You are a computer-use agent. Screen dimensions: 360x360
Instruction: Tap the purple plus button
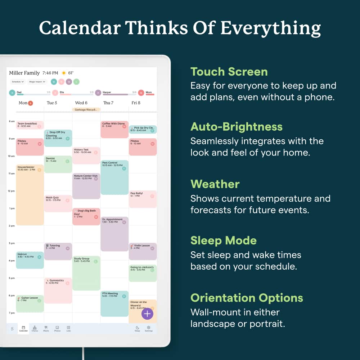click(147, 314)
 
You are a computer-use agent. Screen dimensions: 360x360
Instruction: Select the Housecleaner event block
click(30, 194)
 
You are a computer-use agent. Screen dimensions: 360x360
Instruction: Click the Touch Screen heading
click(229, 72)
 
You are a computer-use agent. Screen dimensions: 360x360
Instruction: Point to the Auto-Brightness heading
click(237, 127)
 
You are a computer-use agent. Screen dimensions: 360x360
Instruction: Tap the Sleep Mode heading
click(224, 240)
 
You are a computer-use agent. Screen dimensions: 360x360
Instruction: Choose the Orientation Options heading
click(247, 298)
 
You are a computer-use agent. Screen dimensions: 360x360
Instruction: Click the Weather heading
click(215, 184)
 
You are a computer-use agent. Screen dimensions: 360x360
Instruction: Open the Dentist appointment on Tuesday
click(58, 164)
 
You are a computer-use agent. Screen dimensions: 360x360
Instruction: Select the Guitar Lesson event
click(30, 303)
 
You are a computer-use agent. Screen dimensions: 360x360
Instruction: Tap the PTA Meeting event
click(114, 303)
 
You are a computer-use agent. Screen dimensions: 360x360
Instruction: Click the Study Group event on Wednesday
click(86, 273)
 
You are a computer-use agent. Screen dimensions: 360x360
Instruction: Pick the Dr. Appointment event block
click(114, 234)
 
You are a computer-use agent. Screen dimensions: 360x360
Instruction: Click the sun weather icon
click(64, 73)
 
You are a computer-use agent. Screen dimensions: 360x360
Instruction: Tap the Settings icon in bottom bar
click(148, 328)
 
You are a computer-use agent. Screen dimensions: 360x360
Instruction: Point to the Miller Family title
click(24, 73)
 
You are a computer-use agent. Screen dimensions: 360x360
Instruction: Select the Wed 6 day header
click(81, 103)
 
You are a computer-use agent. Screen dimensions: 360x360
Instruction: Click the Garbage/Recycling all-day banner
click(86, 109)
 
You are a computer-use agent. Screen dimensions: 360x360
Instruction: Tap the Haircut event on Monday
click(30, 260)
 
